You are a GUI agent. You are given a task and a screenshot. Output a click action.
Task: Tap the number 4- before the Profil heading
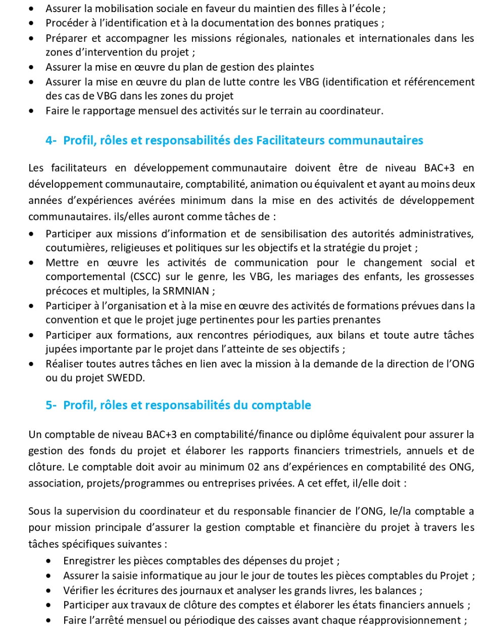coord(51,140)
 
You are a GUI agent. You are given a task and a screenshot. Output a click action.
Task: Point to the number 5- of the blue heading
coord(51,405)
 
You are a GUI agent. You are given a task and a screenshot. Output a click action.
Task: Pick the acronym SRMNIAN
coord(186,291)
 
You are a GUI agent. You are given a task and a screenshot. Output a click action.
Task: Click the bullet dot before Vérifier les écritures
coord(48,591)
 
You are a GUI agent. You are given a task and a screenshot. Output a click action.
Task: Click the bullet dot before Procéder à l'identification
coord(32,23)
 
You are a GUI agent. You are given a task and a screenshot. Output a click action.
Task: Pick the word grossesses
coord(449,277)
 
